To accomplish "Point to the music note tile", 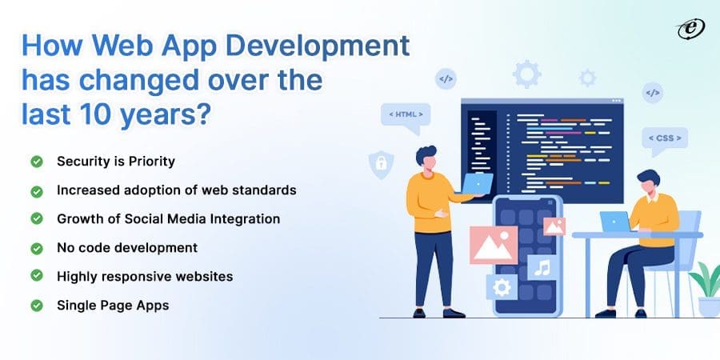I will click(x=543, y=266).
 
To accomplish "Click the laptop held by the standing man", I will click(x=478, y=185).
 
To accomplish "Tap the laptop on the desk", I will click(x=616, y=222).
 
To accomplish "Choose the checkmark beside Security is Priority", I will click(x=37, y=162).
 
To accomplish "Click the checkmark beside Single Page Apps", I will click(x=37, y=305).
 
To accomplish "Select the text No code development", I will click(x=127, y=247).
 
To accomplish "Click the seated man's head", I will click(x=646, y=181).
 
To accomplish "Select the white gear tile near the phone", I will click(x=502, y=287).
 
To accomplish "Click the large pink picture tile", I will click(x=493, y=245).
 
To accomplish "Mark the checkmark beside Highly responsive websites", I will click(x=37, y=276).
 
